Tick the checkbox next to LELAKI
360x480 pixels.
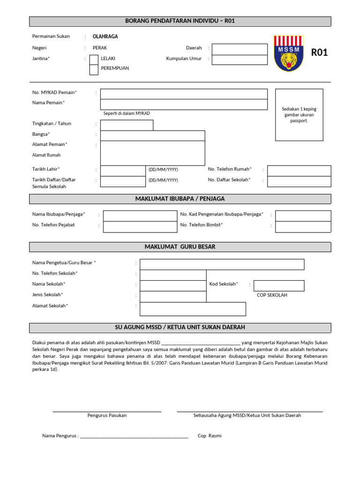click(x=94, y=59)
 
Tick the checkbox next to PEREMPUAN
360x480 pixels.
click(x=94, y=69)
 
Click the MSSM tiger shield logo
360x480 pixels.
click(x=288, y=53)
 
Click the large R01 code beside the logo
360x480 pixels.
click(x=320, y=52)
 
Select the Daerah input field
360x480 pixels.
click(x=240, y=49)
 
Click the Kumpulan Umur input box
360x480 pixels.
click(x=240, y=60)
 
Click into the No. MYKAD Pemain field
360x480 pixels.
click(x=184, y=93)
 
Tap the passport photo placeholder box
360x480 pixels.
click(x=299, y=114)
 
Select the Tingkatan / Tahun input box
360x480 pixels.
click(x=127, y=125)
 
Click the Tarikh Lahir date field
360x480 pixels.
click(x=123, y=170)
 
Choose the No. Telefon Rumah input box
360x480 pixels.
click(x=299, y=171)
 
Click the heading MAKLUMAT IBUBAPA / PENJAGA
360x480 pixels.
click(x=180, y=199)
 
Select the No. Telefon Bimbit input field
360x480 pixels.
click(x=303, y=226)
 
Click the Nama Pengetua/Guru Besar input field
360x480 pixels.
click(x=222, y=264)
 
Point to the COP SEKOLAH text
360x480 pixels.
click(x=272, y=295)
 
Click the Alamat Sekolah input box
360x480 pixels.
click(x=193, y=309)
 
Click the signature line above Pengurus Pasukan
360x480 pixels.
click(x=107, y=411)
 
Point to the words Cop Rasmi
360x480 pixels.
click(x=210, y=436)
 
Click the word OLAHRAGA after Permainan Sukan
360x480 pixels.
click(x=105, y=37)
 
